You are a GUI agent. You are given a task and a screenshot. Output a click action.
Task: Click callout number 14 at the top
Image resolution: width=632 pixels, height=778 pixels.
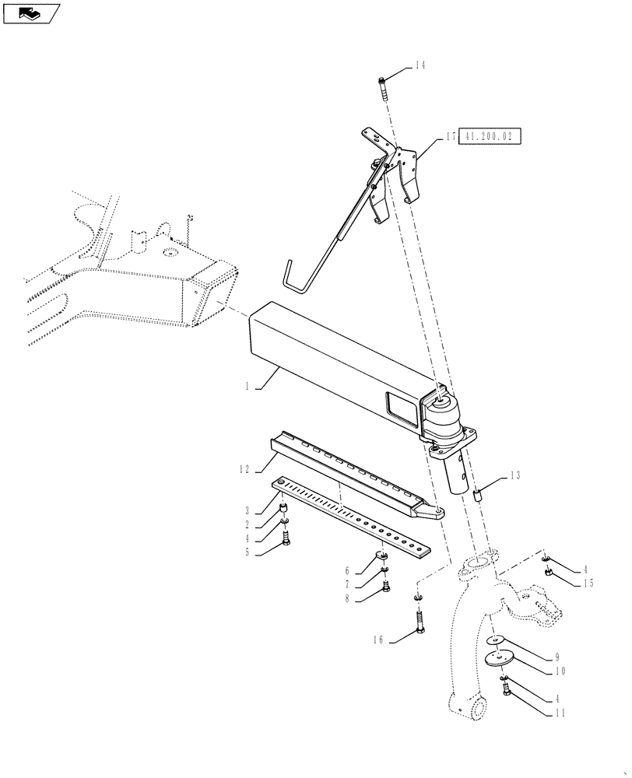coord(420,66)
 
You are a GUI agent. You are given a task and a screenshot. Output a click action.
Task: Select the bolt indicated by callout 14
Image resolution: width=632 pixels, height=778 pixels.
coord(382,89)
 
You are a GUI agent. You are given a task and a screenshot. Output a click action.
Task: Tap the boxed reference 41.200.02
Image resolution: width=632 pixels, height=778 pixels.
coord(490,136)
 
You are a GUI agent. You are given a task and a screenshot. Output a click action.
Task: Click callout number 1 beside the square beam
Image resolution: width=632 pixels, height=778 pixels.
coord(247,385)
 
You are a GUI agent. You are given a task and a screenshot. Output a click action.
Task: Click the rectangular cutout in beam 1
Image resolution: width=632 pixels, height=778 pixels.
coord(399,407)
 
